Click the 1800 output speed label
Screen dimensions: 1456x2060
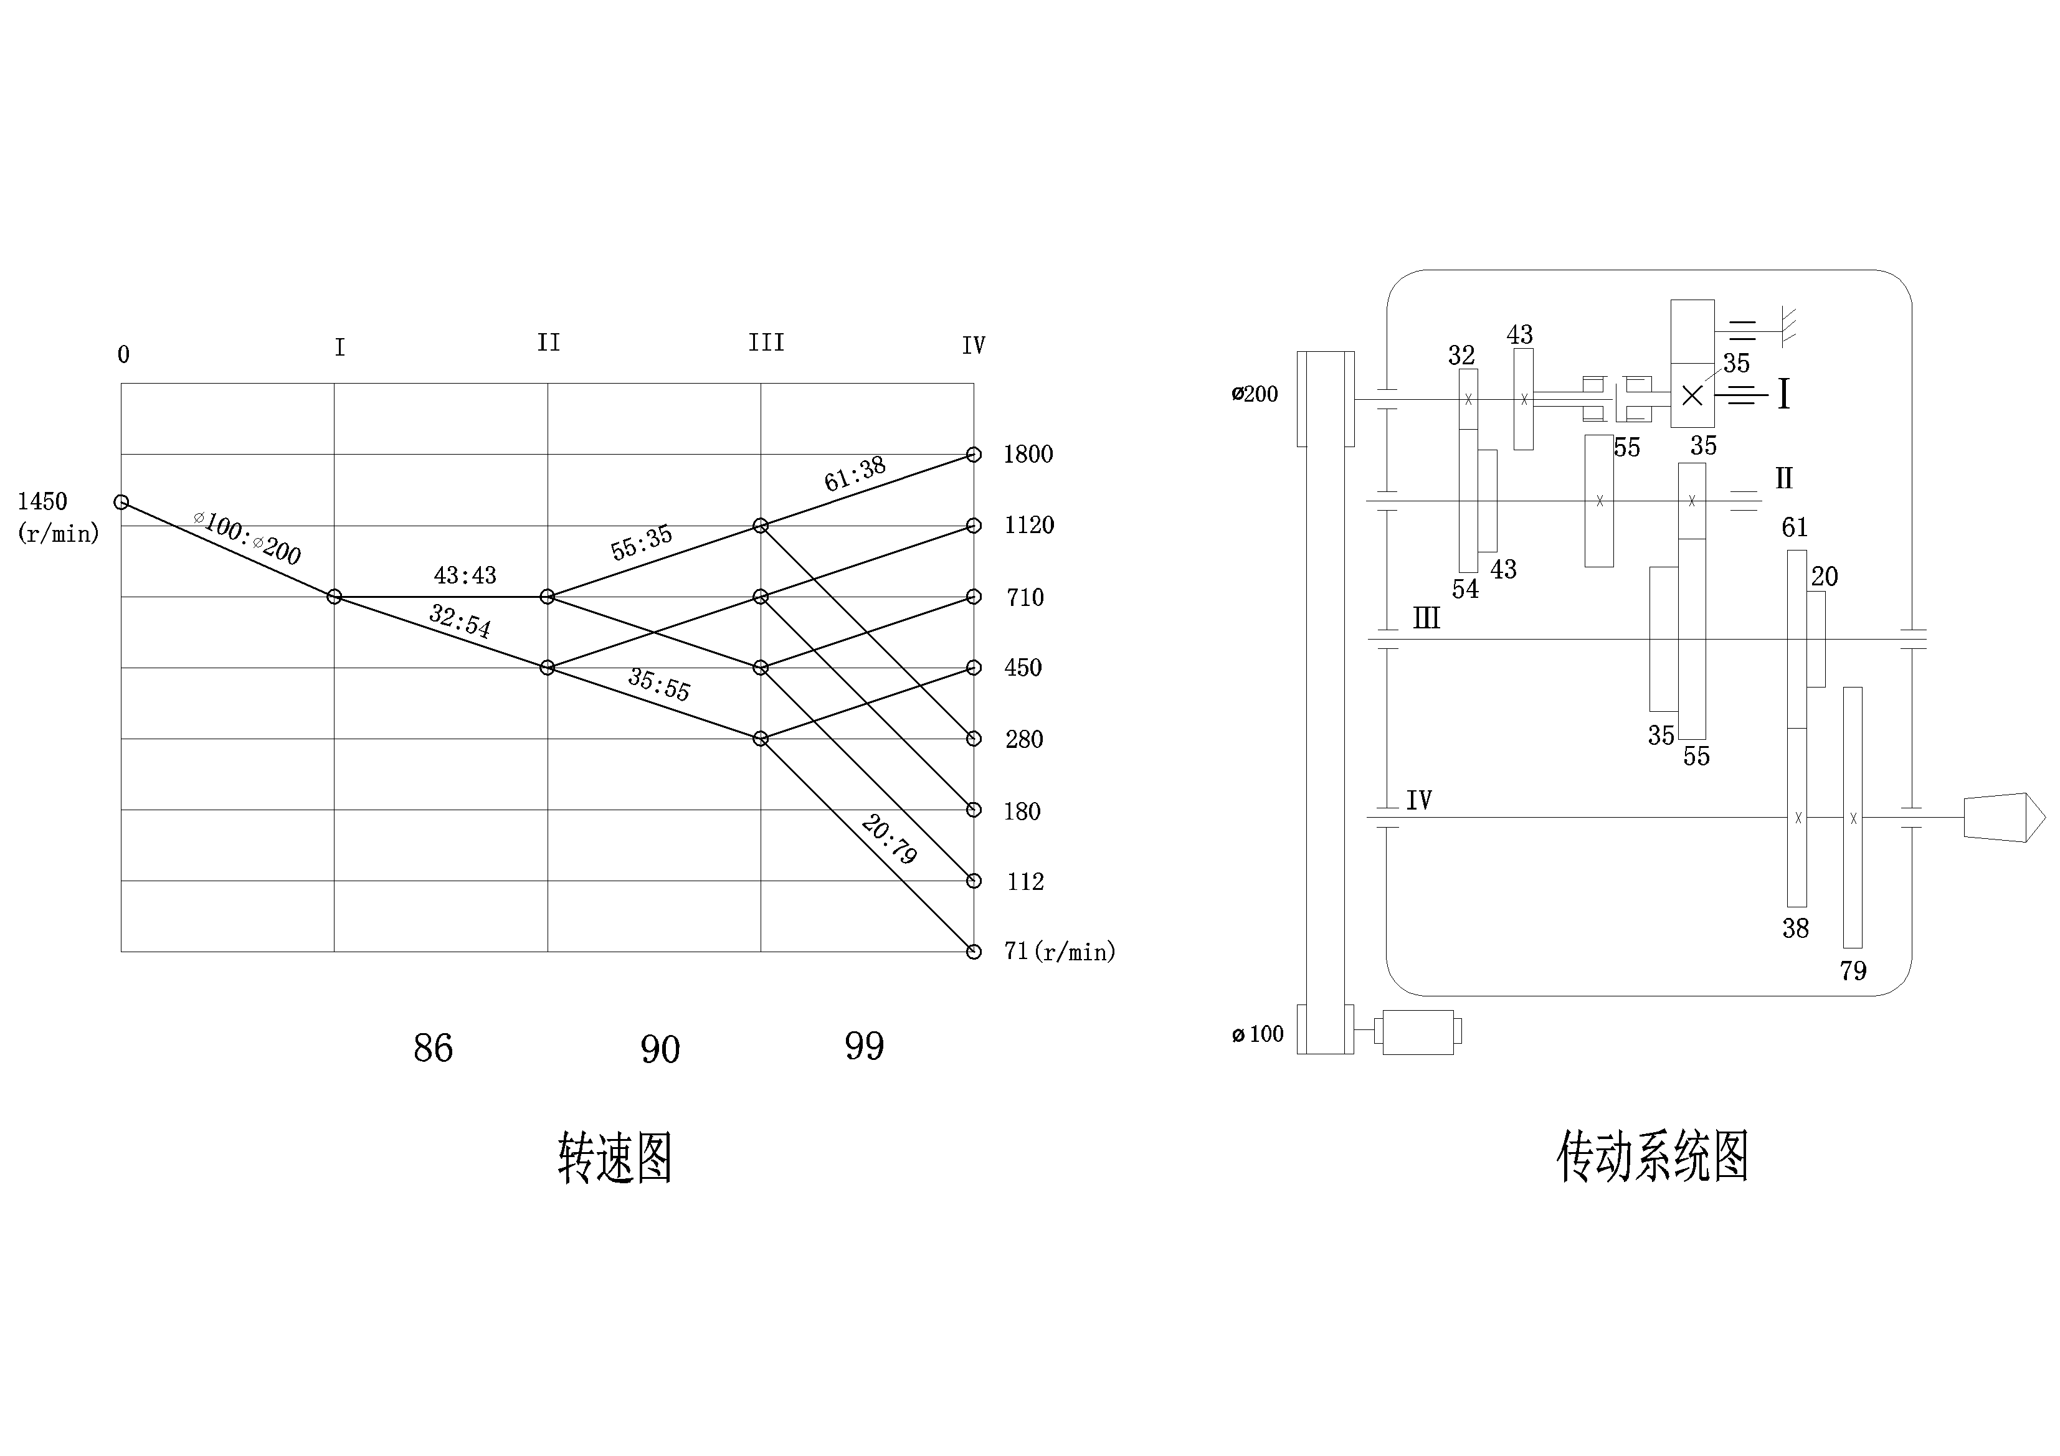(x=1027, y=454)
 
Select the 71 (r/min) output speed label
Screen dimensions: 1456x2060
(x=1059, y=951)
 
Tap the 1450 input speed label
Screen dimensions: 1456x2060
(x=42, y=501)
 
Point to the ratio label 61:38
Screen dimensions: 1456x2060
(x=854, y=474)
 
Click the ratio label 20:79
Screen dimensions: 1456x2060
(x=888, y=839)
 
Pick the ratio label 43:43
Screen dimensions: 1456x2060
(x=465, y=575)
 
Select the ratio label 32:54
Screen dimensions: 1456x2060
(x=459, y=620)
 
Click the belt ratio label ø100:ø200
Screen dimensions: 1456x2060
(x=248, y=536)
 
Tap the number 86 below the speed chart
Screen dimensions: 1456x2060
(x=432, y=1048)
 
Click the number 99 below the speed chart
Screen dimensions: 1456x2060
(x=864, y=1046)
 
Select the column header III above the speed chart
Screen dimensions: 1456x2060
(x=766, y=343)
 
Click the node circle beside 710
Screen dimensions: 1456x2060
(x=974, y=597)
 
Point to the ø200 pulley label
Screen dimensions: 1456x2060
(x=1255, y=394)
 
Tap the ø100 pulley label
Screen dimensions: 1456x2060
(x=1258, y=1034)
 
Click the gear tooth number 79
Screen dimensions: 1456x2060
(x=1853, y=971)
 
